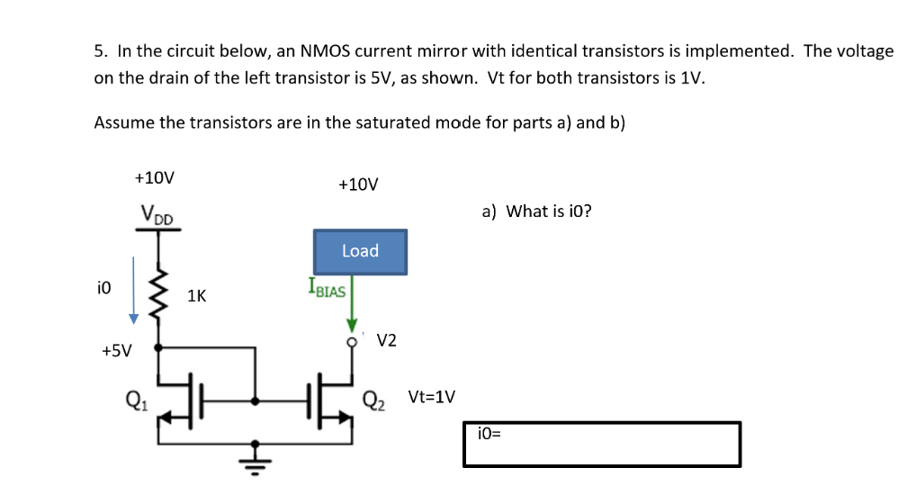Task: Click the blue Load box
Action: pyautogui.click(x=360, y=251)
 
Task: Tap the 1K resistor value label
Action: pyautogui.click(x=196, y=295)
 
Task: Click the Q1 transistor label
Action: pyautogui.click(x=137, y=398)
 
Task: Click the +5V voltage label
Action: pyautogui.click(x=116, y=351)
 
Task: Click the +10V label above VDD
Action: pyautogui.click(x=154, y=177)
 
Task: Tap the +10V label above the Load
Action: pyautogui.click(x=358, y=184)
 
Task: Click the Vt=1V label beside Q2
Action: pyautogui.click(x=432, y=397)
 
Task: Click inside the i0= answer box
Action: pyautogui.click(x=601, y=445)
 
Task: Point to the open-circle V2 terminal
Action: pyautogui.click(x=353, y=341)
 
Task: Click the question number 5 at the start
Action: pyautogui.click(x=98, y=51)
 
